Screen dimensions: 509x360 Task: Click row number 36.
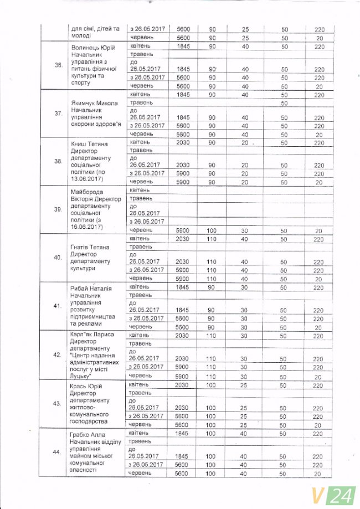(58, 65)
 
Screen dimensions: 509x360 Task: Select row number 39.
(58, 209)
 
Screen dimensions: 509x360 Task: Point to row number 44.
(58, 453)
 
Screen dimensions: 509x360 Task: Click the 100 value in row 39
(211, 230)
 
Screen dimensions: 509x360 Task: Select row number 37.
(58, 114)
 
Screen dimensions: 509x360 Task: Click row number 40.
(58, 258)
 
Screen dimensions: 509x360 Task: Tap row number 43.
(58, 403)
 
